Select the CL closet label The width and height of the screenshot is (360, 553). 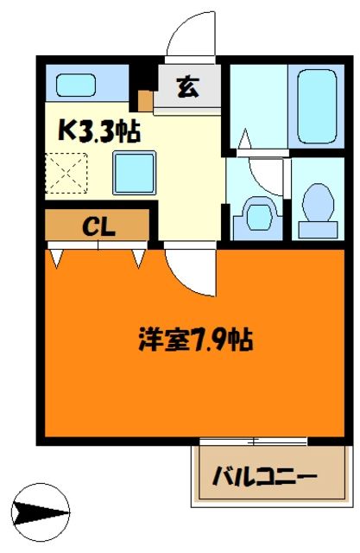99,226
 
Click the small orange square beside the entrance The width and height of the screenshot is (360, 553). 146,99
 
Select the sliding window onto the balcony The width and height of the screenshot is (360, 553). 255,442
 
